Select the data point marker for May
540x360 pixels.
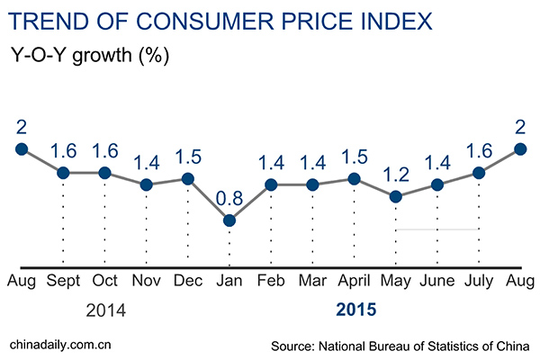click(x=395, y=196)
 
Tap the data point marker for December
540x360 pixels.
click(x=187, y=179)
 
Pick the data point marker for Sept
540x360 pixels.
click(x=63, y=173)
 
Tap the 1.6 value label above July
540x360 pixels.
click(x=479, y=148)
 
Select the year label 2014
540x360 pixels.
click(x=104, y=312)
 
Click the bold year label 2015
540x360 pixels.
click(x=355, y=312)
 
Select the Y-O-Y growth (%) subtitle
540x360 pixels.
click(x=90, y=53)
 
